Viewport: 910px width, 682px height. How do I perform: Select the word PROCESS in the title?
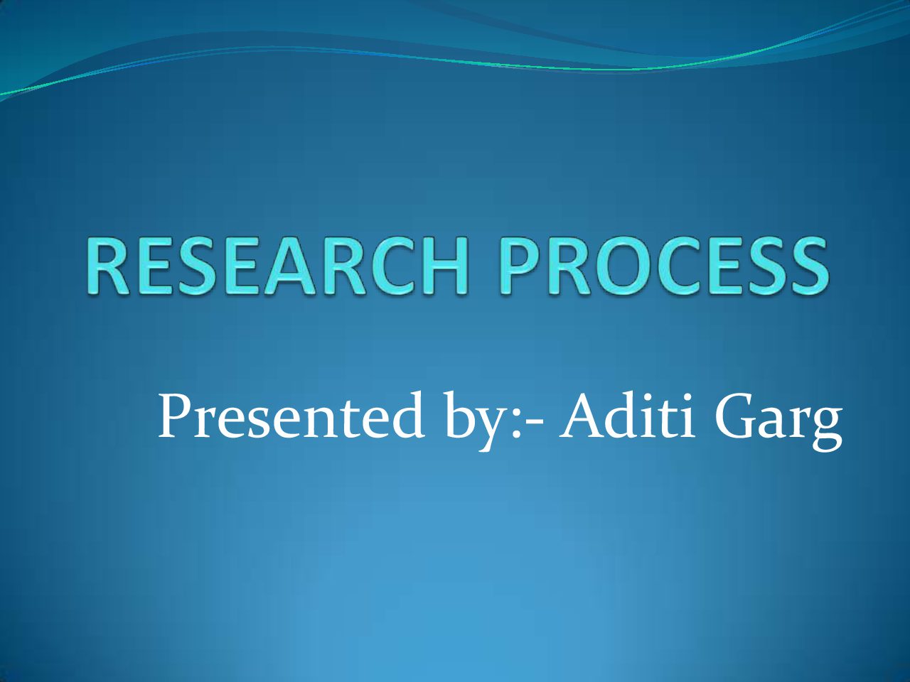click(664, 266)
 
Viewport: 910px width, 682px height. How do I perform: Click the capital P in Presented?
click(176, 416)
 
